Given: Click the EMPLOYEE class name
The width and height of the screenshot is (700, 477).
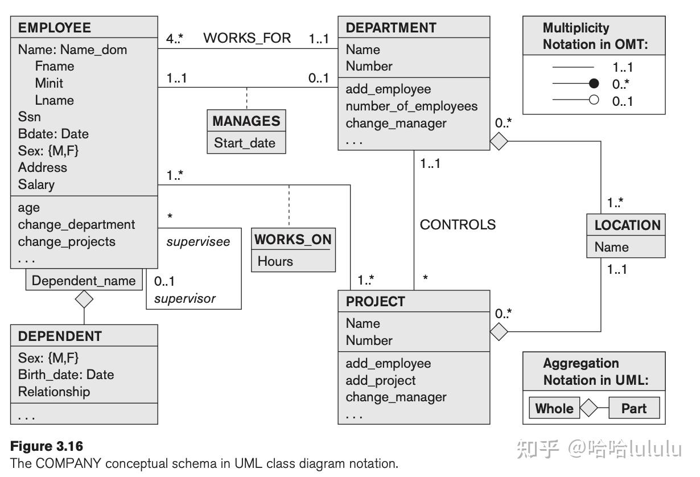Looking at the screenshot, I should tap(55, 28).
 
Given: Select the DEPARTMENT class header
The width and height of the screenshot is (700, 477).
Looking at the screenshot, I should tap(391, 28).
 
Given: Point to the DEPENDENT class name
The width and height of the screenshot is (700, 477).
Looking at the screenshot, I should tap(60, 336).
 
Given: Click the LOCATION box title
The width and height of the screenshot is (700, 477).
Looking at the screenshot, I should tap(627, 225).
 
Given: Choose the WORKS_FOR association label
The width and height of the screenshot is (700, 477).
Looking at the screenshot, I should tap(247, 38).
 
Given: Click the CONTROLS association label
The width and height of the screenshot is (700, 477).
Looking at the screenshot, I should tap(458, 225).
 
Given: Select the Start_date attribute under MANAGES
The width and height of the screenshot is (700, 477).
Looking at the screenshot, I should tap(245, 143).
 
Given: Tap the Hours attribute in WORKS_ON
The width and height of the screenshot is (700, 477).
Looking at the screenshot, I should tap(275, 261).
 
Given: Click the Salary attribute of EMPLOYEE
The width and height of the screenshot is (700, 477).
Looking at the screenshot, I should tap(36, 184).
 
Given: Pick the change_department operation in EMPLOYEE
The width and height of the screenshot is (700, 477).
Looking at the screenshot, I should tap(76, 225).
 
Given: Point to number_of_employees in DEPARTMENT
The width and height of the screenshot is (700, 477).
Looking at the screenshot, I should tap(411, 106).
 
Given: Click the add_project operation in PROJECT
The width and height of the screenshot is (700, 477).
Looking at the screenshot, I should tap(381, 380).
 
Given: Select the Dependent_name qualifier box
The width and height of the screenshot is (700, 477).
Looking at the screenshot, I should tap(84, 281).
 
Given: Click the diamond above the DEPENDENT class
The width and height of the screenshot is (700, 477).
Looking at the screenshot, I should tap(84, 299).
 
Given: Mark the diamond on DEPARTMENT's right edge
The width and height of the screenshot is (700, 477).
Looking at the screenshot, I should tap(499, 141).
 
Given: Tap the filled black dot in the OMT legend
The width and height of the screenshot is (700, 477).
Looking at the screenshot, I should tap(594, 84).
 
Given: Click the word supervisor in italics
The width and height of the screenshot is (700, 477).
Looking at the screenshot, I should tap(185, 298).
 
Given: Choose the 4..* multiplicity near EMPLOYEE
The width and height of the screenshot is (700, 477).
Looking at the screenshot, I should tap(175, 39).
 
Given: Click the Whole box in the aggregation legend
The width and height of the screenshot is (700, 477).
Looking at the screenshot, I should tap(554, 409).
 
